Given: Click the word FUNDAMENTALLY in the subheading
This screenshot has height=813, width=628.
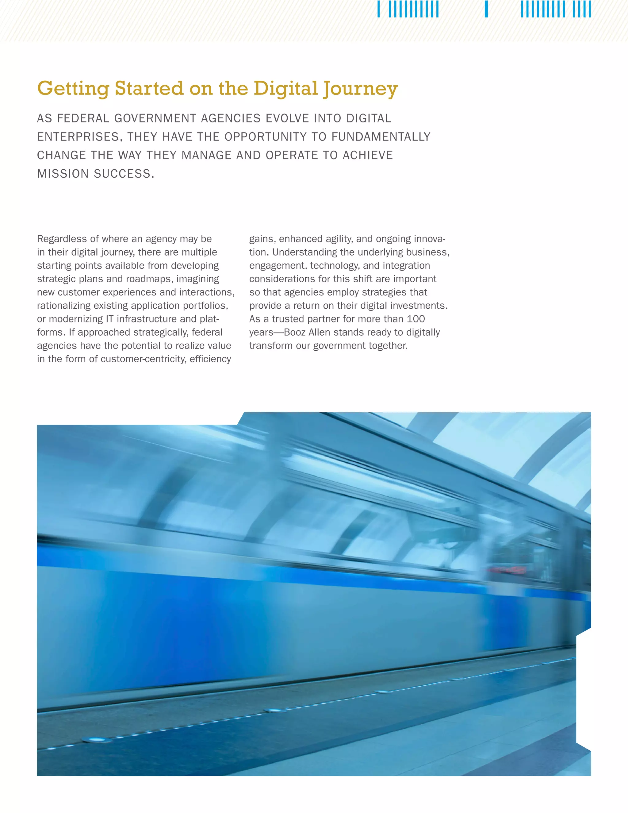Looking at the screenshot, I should click(381, 137).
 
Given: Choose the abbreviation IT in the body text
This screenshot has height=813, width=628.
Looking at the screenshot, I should click(109, 319).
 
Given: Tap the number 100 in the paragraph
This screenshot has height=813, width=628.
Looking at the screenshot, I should click(415, 319).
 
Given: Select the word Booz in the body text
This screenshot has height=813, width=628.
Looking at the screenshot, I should click(295, 333).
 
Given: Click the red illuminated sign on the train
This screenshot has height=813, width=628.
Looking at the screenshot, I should click(507, 570).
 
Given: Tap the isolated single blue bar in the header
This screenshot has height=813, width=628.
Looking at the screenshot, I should click(486, 9).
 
